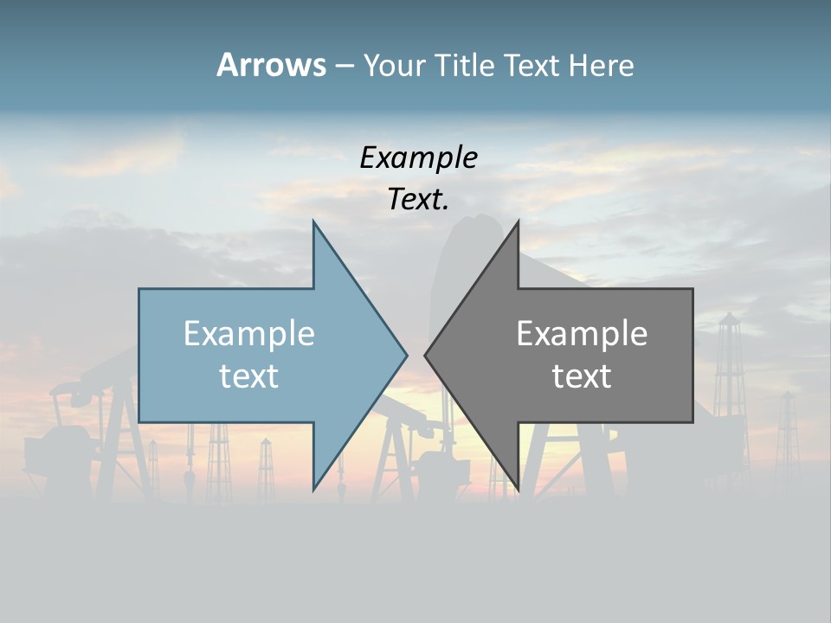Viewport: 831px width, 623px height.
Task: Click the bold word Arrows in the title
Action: click(271, 65)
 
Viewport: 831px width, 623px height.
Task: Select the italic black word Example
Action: click(418, 157)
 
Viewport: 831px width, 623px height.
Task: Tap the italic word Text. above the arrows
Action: click(418, 200)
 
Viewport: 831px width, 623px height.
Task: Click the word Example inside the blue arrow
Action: click(248, 333)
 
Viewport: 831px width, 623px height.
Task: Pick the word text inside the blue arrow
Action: click(248, 376)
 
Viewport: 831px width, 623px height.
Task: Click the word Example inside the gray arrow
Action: click(582, 333)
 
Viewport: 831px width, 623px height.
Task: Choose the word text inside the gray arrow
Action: click(582, 376)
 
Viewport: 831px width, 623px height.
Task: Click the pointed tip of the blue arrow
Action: click(406, 354)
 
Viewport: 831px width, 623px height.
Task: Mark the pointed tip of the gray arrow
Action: click(425, 354)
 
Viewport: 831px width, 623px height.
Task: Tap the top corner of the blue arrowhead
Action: click(314, 222)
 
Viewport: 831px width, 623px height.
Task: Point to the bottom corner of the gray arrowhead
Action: click(518, 490)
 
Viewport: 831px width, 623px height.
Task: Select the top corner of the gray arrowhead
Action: click(518, 222)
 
